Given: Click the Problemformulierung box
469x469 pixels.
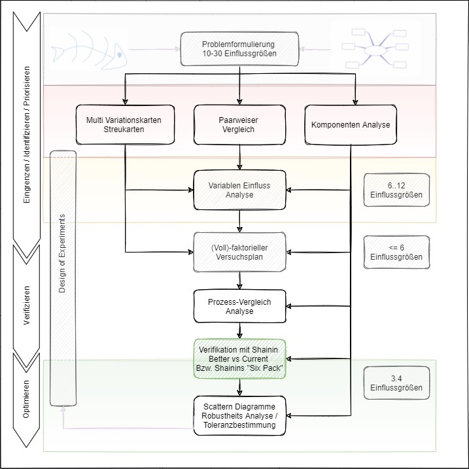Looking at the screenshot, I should coord(239,49).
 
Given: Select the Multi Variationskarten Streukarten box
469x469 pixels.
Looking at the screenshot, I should coord(124,125).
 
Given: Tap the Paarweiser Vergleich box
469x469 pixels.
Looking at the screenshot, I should coord(239,125).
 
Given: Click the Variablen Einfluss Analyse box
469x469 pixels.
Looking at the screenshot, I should coord(239,190).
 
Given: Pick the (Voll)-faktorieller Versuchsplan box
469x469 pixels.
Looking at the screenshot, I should coord(239,251).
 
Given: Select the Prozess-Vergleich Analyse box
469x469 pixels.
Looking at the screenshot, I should coord(239,307).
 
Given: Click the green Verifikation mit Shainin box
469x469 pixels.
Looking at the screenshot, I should coord(239,358).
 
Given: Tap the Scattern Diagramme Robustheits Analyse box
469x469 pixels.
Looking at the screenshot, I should coord(239,415).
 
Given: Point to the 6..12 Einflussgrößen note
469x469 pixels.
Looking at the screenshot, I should coord(396,190).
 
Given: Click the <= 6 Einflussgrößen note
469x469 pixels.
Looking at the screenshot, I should coord(396,252).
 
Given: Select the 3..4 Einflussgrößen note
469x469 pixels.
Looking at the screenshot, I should coord(396,383).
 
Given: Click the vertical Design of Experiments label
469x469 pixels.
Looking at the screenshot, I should coord(63,277).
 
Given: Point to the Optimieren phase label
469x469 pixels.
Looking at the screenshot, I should coord(26,398).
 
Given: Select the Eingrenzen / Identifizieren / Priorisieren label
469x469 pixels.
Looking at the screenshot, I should coord(26,135).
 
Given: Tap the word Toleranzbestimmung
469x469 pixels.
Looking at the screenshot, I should coord(239,425).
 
